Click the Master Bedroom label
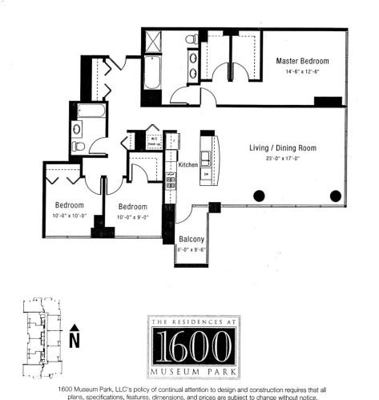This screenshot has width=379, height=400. click(x=299, y=61)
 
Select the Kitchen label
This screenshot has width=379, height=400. click(x=187, y=164)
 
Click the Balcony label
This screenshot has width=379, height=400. click(x=191, y=239)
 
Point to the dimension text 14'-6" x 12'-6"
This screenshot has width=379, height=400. click(x=299, y=72)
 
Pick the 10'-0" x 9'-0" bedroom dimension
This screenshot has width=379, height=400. click(x=133, y=216)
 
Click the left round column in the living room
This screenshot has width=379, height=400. click(x=259, y=196)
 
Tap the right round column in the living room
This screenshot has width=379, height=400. click(x=335, y=196)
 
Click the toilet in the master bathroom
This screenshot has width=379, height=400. click(x=192, y=38)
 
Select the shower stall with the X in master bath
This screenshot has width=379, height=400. click(x=154, y=40)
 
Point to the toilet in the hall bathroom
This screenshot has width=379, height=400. click(x=79, y=147)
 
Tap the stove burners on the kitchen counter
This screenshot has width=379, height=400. click(x=170, y=182)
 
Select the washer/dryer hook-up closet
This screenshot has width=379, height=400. click(x=151, y=140)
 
